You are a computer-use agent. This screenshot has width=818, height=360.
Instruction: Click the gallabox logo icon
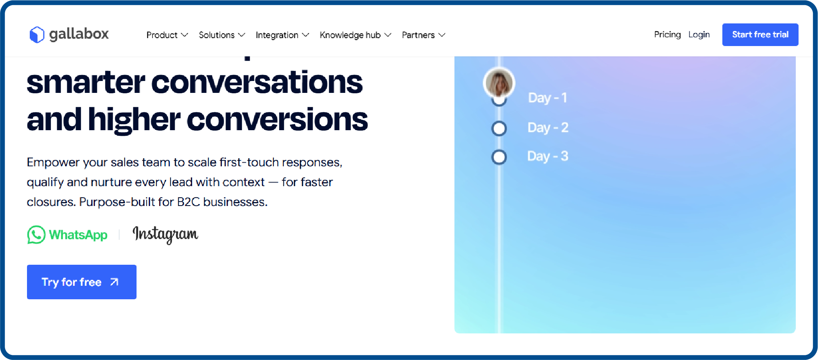click(x=37, y=35)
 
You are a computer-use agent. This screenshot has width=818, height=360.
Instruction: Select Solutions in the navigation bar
click(x=221, y=35)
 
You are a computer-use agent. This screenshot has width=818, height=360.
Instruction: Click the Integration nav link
click(x=282, y=35)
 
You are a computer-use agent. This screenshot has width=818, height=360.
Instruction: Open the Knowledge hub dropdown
click(x=355, y=35)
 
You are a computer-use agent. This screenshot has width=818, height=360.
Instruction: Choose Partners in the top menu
click(x=423, y=35)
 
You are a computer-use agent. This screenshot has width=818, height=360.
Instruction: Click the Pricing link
click(x=667, y=35)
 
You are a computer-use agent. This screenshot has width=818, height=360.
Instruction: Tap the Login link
click(x=699, y=35)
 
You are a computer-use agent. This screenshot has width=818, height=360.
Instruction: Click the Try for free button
click(x=81, y=282)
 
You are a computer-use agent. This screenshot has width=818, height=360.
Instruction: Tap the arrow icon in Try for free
click(x=114, y=282)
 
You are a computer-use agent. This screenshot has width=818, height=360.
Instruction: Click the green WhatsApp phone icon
click(x=36, y=235)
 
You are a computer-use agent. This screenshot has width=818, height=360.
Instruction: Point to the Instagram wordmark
click(x=165, y=234)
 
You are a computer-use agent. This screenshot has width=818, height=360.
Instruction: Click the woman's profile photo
click(x=499, y=83)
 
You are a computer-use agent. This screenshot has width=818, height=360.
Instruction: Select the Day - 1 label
click(x=547, y=98)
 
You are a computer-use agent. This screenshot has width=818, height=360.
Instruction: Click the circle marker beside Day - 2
click(x=499, y=128)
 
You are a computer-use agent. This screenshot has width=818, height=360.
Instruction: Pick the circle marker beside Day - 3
click(x=499, y=157)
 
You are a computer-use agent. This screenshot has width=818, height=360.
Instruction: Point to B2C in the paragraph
click(x=188, y=202)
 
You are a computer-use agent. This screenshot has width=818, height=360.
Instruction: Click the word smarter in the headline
click(x=86, y=83)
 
